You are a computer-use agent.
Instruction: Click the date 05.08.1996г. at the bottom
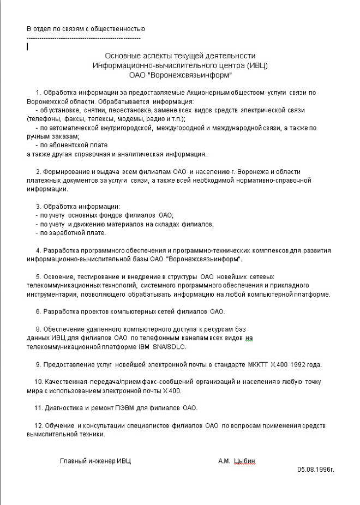pyautogui.click(x=315, y=468)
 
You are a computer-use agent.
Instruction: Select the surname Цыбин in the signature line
pyautogui.click(x=244, y=461)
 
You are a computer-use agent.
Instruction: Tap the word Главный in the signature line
pyautogui.click(x=73, y=461)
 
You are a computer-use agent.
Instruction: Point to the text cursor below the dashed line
pyautogui.click(x=27, y=46)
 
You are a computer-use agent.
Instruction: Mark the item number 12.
pyautogui.click(x=38, y=425)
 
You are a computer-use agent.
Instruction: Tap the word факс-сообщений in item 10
pyautogui.click(x=149, y=382)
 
